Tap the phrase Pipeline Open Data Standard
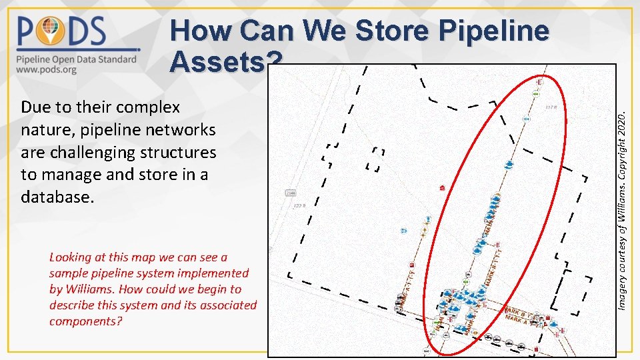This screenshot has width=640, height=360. (77, 59)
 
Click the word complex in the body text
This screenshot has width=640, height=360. (147, 107)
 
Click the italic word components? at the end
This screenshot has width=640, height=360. (86, 321)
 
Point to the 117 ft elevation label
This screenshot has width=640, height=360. (552, 107)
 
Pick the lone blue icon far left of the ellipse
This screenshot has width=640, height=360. (404, 231)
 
